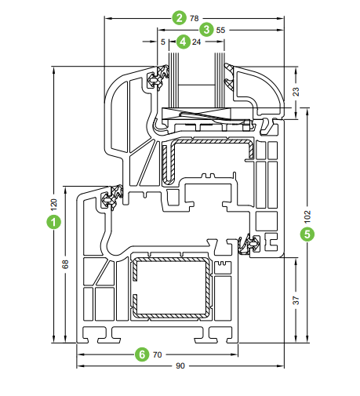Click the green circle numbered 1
pyautogui.click(x=54, y=222)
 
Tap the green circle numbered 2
pyautogui.click(x=180, y=18)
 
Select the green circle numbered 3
pyautogui.click(x=206, y=30)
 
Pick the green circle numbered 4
pyautogui.click(x=184, y=42)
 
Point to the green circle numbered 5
pyautogui.click(x=307, y=234)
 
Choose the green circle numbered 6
pyautogui.click(x=142, y=354)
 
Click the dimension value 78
pyautogui.click(x=195, y=18)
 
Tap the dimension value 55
pyautogui.click(x=220, y=30)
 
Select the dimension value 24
pyautogui.click(x=196, y=42)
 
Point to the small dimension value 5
pyautogui.click(x=163, y=42)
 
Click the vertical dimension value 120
pyautogui.click(x=54, y=205)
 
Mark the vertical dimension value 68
pyautogui.click(x=65, y=264)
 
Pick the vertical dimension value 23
pyautogui.click(x=296, y=92)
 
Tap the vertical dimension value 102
pyautogui.click(x=307, y=216)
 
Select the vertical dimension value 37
pyautogui.click(x=296, y=300)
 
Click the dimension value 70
pyautogui.click(x=158, y=354)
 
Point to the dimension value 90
pyautogui.click(x=180, y=366)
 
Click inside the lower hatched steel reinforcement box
pyautogui.click(x=171, y=288)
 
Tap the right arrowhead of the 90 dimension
pyautogui.click(x=281, y=366)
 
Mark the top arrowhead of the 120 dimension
pyautogui.click(x=54, y=70)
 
